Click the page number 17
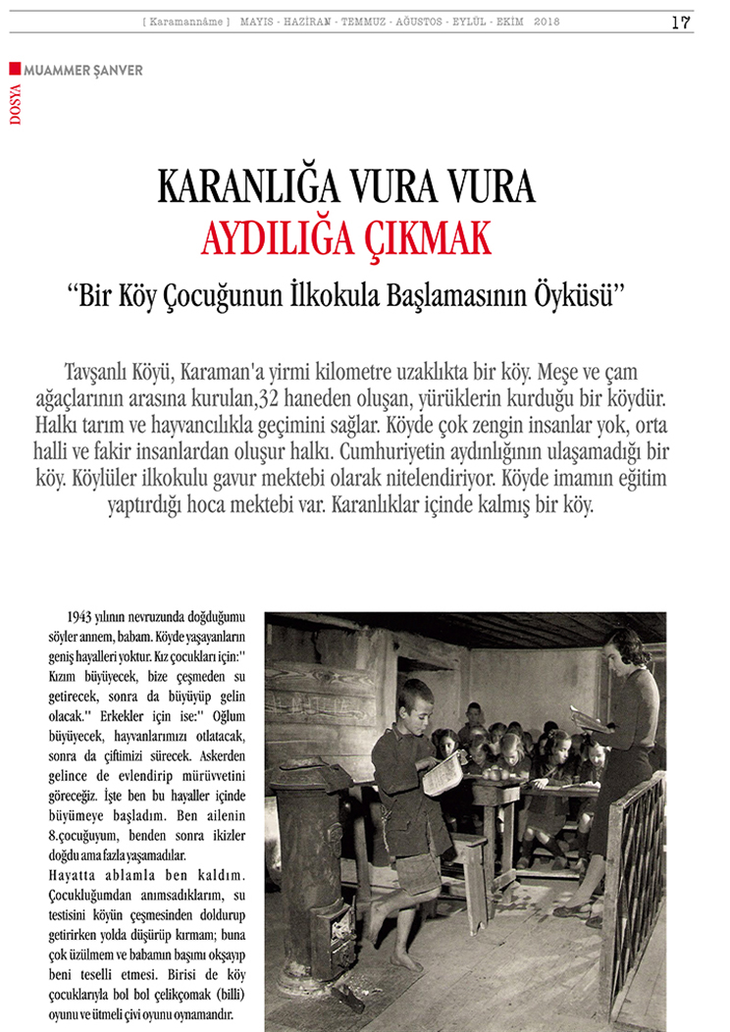pyautogui.click(x=682, y=23)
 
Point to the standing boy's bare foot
pyautogui.click(x=405, y=959)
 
